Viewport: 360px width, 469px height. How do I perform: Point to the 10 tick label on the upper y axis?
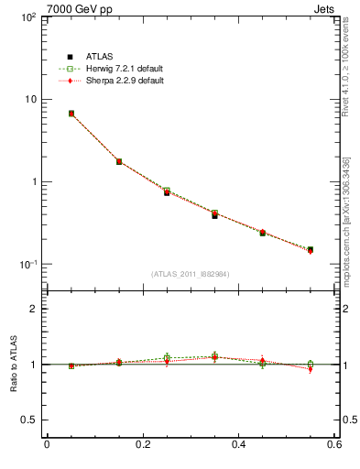coord(29,99)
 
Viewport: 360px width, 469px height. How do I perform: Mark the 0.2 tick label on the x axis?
coord(142,446)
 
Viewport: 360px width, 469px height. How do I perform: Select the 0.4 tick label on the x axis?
coord(238,446)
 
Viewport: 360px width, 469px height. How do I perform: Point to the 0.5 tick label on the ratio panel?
coord(28,420)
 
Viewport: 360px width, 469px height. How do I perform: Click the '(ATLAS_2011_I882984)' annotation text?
coord(191,274)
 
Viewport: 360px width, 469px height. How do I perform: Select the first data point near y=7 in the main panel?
coord(71,114)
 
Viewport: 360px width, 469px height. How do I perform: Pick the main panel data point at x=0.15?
coord(119,161)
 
